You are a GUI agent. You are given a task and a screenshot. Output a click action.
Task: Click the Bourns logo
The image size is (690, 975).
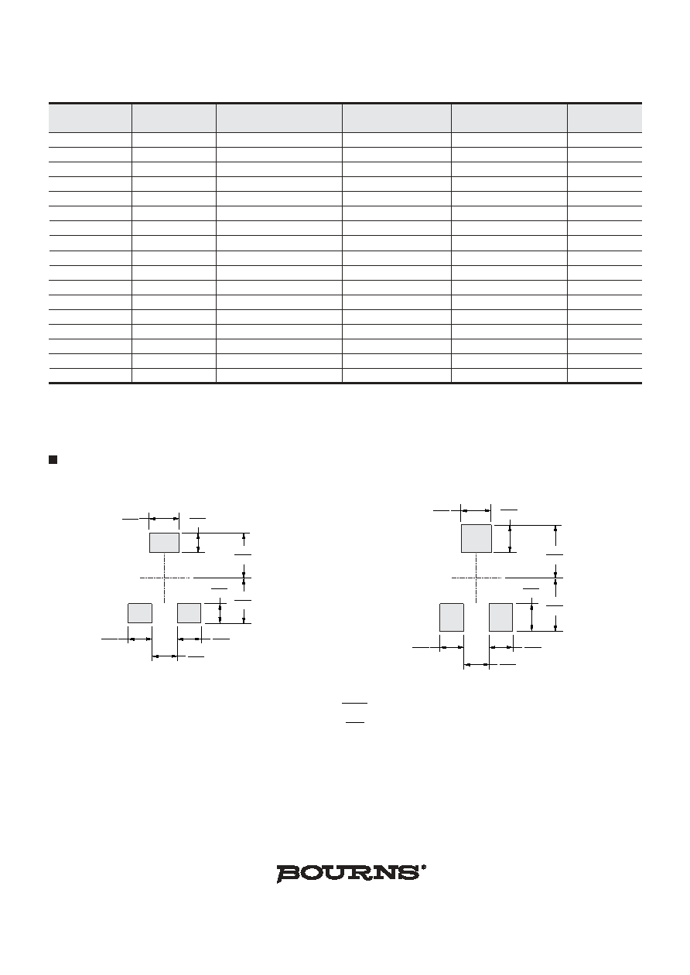348,873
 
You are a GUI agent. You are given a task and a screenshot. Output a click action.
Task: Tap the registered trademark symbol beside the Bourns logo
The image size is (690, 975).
423,867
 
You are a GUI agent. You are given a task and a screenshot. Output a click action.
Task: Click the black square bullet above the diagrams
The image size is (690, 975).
53,459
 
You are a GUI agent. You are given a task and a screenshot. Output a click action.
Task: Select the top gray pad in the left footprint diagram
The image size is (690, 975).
164,542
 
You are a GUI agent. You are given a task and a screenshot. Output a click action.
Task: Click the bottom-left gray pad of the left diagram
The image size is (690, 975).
140,613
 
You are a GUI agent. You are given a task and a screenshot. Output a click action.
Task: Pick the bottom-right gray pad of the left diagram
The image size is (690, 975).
189,613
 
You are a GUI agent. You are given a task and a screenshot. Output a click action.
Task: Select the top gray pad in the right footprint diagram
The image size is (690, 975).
477,538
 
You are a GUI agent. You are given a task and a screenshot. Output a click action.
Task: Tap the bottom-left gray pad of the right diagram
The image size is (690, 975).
452,617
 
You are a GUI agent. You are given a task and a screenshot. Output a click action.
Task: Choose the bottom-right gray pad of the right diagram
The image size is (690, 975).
500,617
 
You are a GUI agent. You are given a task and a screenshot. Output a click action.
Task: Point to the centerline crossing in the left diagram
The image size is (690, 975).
165,578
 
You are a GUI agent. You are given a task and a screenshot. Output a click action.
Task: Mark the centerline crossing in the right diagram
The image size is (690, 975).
477,578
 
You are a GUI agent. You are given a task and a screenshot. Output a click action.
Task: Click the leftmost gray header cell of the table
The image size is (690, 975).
90,118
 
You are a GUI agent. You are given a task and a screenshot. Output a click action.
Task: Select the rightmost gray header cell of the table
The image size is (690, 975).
605,118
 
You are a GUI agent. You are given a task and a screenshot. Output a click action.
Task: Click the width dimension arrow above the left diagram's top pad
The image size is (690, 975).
164,518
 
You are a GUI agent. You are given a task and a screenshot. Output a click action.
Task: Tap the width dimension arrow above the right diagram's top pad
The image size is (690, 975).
477,510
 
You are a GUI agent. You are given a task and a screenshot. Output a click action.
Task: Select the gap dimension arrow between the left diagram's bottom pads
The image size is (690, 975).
165,656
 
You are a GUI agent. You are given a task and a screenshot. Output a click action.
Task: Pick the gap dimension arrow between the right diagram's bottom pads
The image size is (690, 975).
477,665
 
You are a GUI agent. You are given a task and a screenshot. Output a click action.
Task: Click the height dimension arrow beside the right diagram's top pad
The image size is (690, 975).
510,538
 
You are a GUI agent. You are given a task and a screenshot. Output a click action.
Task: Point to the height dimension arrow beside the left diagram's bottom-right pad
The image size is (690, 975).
220,613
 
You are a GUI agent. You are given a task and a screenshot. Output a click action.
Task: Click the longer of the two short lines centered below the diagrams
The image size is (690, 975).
355,703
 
